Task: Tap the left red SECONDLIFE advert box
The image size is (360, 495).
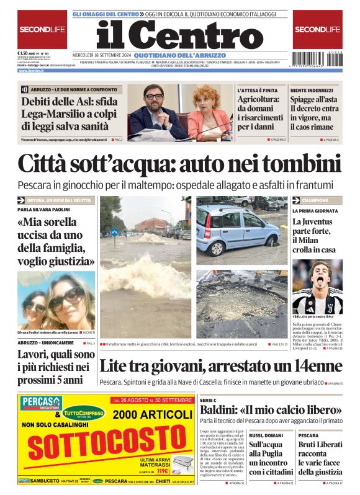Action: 42,29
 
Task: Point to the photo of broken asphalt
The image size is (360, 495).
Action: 242,304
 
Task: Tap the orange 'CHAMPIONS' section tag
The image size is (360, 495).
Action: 316,201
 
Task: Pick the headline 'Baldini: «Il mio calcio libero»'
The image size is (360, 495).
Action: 270,410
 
